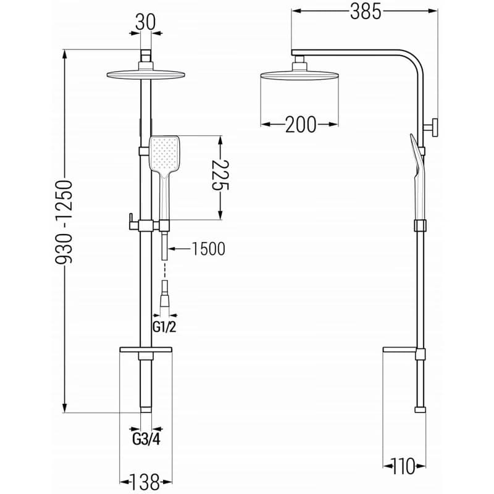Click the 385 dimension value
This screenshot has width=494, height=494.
(366, 12)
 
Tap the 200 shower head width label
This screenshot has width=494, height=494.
(301, 124)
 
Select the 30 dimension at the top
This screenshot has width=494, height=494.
(146, 23)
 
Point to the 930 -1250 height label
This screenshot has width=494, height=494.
(64, 222)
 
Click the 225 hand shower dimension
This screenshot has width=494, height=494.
(220, 175)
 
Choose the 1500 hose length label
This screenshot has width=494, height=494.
(208, 249)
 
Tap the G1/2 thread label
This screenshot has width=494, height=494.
(164, 327)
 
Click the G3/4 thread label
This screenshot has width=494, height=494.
(146, 439)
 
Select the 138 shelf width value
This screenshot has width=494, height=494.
(146, 482)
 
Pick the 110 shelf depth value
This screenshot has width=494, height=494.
(403, 466)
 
